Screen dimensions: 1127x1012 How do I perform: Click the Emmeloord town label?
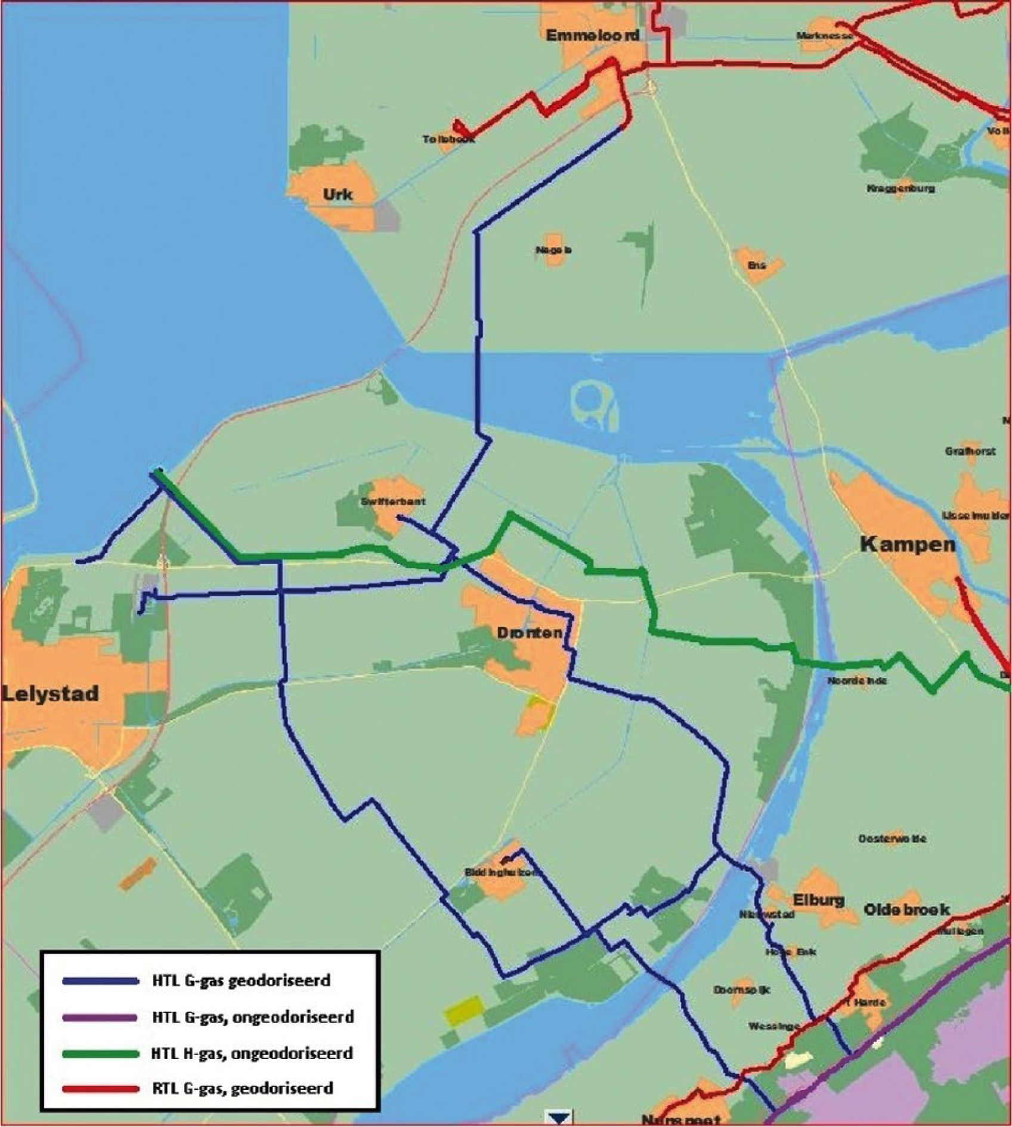point(592,36)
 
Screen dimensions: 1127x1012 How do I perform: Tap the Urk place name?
point(338,195)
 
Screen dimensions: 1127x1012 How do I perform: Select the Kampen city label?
point(907,544)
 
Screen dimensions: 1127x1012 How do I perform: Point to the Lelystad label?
point(50,694)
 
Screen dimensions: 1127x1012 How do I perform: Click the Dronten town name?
point(529,633)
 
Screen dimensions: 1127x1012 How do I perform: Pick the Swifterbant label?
point(392,502)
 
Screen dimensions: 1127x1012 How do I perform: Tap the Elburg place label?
point(818,900)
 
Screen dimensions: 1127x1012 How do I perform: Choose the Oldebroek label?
point(906,910)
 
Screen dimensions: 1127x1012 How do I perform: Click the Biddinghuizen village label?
point(502,873)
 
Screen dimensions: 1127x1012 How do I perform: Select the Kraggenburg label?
point(900,189)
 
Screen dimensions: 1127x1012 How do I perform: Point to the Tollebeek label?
point(448,139)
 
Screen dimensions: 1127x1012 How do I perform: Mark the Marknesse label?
point(824,36)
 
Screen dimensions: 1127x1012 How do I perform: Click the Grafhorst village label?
point(970,452)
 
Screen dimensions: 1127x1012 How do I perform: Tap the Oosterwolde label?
point(892,839)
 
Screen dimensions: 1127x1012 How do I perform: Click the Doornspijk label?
point(741,990)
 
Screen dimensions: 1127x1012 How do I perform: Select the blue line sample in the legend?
point(100,981)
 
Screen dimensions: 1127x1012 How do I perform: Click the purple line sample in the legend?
point(100,1017)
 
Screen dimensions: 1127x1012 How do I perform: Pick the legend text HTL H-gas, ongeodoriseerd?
point(252,1054)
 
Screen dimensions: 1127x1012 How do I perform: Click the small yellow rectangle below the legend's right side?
point(463,1009)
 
